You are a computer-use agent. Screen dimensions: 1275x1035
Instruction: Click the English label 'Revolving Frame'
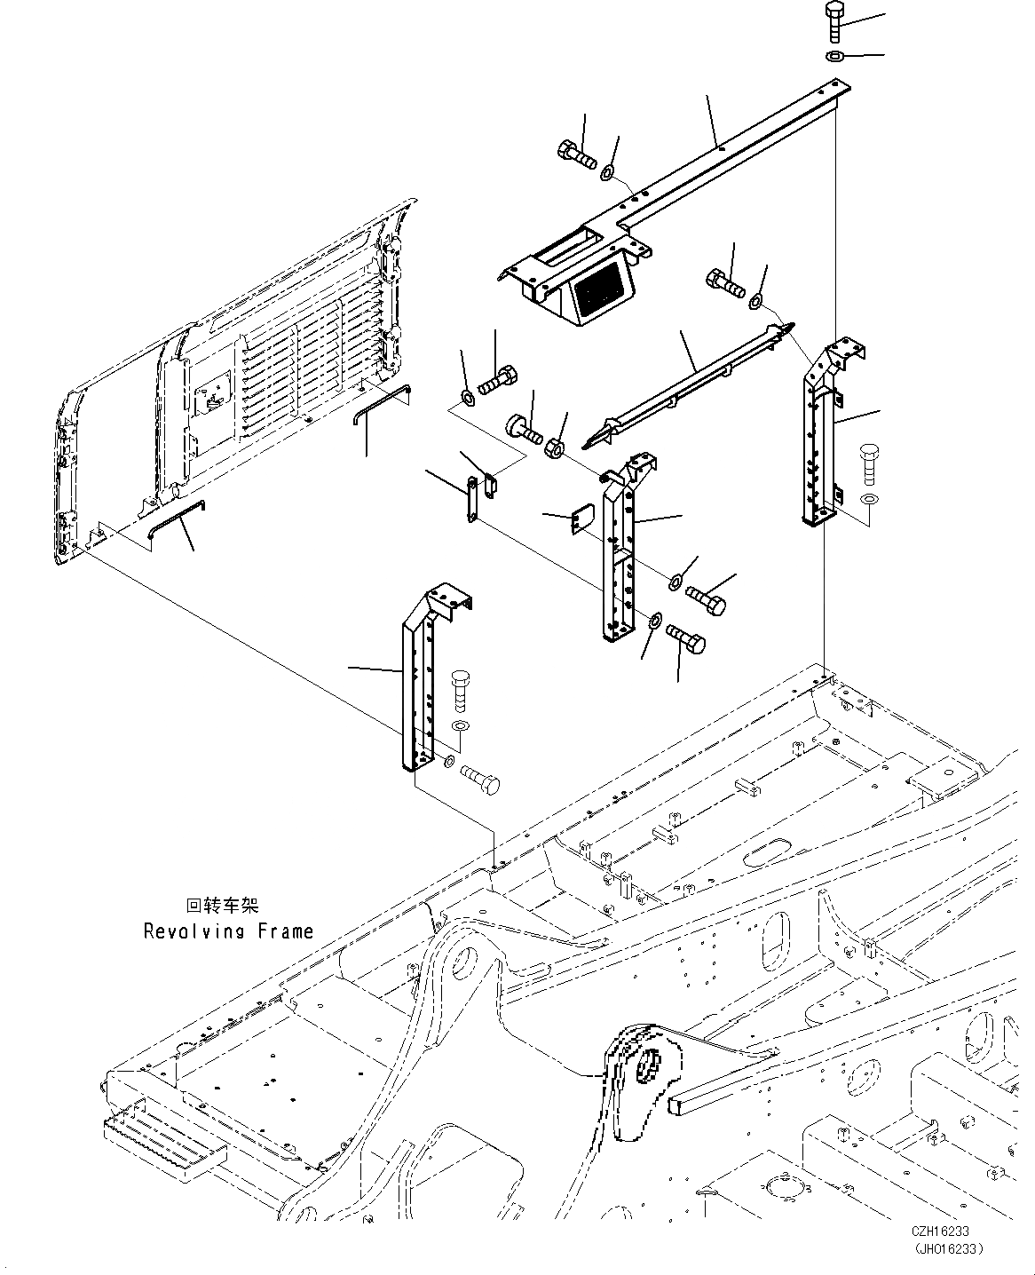228,931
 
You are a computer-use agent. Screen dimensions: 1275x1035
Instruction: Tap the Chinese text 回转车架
222,907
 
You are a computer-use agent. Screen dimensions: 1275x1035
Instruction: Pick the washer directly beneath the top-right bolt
835,58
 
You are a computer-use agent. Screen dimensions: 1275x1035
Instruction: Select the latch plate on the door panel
210,392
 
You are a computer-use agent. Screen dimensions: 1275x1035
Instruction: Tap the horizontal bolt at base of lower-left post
481,781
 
